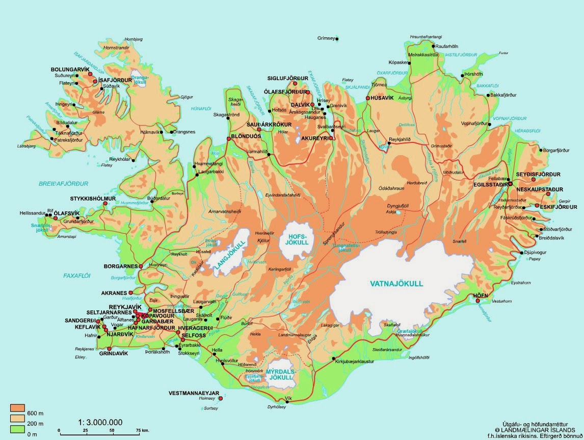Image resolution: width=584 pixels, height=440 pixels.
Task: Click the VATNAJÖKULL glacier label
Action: pos(396,284)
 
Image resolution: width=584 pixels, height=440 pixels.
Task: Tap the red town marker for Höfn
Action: pos(478,301)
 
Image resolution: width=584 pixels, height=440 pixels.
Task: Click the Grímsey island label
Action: pos(325,38)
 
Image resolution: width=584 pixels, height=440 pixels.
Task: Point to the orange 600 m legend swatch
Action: pos(18,407)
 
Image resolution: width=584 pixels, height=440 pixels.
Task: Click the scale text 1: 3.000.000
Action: pos(100,422)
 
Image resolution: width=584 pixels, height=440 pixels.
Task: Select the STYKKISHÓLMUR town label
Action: pos(93,198)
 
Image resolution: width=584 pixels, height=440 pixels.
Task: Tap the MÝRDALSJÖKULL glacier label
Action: pos(280,375)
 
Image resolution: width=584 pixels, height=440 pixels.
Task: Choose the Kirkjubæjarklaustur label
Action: pos(354,361)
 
